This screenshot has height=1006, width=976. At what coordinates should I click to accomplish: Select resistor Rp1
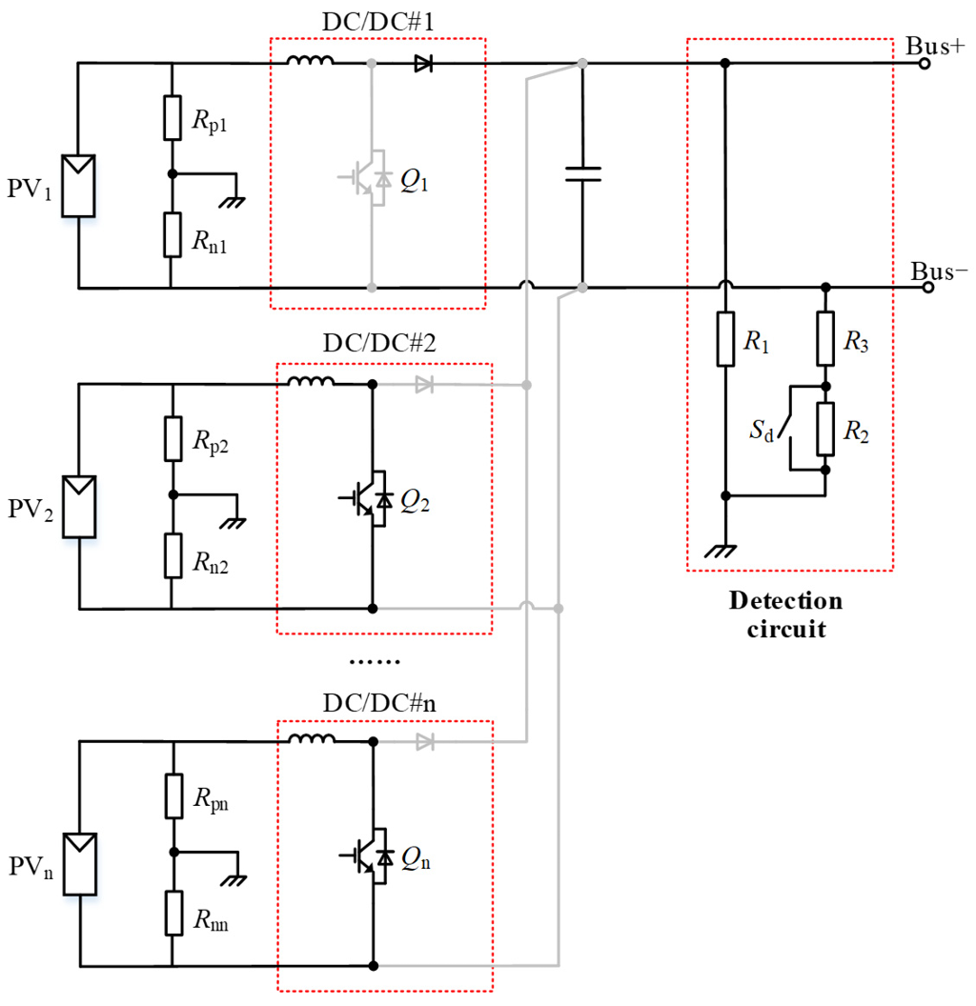[172, 117]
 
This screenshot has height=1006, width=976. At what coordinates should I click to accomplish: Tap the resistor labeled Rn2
[172, 555]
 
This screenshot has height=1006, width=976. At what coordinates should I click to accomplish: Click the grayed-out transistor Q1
[368, 178]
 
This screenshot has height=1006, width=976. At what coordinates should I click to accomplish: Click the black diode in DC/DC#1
[423, 64]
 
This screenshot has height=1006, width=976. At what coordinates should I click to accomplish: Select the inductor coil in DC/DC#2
[311, 384]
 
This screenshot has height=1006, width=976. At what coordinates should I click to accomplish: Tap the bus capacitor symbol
[582, 173]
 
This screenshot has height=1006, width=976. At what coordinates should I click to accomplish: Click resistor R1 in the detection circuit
[725, 338]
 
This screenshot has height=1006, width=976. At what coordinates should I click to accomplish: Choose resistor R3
[825, 340]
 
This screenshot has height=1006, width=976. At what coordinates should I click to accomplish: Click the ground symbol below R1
[725, 550]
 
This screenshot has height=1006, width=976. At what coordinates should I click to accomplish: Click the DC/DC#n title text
[379, 707]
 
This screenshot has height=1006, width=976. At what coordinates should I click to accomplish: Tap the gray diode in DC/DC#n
[424, 741]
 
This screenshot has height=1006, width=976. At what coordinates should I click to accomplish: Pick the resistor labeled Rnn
[172, 913]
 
